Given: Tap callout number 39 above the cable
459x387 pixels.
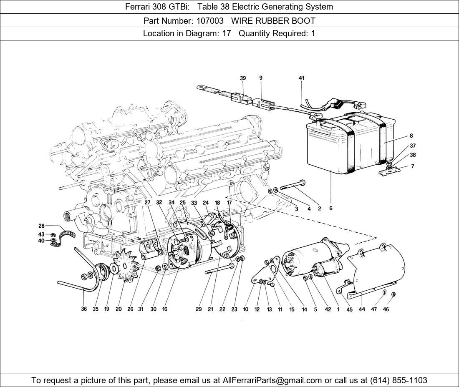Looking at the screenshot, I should pyautogui.click(x=243, y=78).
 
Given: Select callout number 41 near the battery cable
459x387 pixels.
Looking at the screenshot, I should pyautogui.click(x=302, y=78).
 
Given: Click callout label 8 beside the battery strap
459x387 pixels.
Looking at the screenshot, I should pyautogui.click(x=411, y=136).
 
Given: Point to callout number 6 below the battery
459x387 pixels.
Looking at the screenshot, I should pyautogui.click(x=330, y=209).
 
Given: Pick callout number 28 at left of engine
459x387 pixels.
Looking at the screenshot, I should pyautogui.click(x=41, y=226).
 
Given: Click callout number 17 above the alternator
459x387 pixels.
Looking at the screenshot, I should pyautogui.click(x=229, y=202).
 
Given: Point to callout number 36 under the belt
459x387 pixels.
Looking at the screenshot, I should pyautogui.click(x=84, y=309).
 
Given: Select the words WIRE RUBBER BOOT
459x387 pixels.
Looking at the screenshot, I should pyautogui.click(x=273, y=20).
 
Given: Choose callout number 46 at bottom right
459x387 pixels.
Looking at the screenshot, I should pyautogui.click(x=386, y=309).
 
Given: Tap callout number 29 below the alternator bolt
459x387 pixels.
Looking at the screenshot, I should pyautogui.click(x=199, y=309).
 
